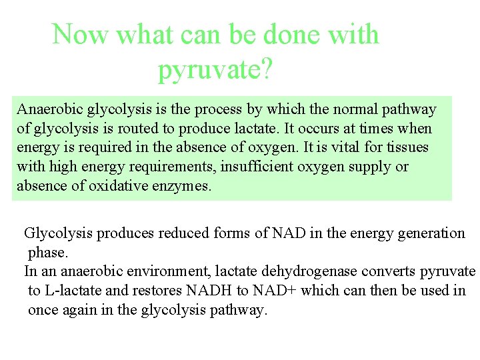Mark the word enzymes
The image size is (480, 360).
(x=181, y=186)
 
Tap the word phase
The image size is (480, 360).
(x=47, y=253)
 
